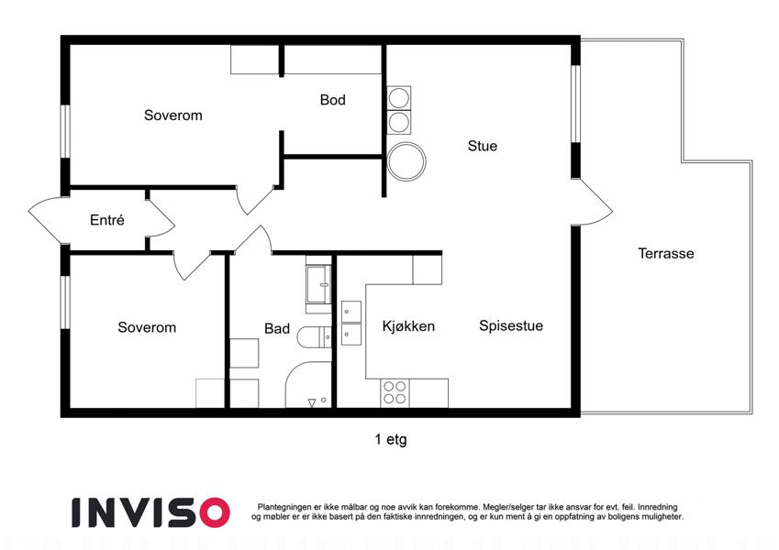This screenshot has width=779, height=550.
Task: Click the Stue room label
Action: (482, 146)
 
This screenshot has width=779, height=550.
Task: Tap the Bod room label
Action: (332, 100)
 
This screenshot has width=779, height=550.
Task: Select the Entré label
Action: (106, 219)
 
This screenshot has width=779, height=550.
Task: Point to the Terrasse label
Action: (666, 254)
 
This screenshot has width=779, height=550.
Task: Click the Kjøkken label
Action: (408, 326)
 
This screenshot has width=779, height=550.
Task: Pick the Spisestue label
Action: (511, 325)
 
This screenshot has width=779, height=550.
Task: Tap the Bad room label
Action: (277, 328)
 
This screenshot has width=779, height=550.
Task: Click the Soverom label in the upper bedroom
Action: (172, 115)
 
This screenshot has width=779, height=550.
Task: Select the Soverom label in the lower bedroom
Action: (147, 327)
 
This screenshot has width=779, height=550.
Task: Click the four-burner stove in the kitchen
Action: (395, 392)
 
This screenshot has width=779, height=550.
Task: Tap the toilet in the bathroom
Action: (314, 338)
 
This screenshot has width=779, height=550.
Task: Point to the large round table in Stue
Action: (406, 161)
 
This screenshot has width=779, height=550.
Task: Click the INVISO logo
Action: (151, 512)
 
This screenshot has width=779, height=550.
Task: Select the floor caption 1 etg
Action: (391, 439)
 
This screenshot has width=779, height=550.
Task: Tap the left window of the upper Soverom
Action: (65, 132)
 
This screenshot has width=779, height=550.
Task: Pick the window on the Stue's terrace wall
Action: (575, 104)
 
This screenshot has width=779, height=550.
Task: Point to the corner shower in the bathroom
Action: (308, 385)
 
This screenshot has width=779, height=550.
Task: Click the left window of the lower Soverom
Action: (65, 302)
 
